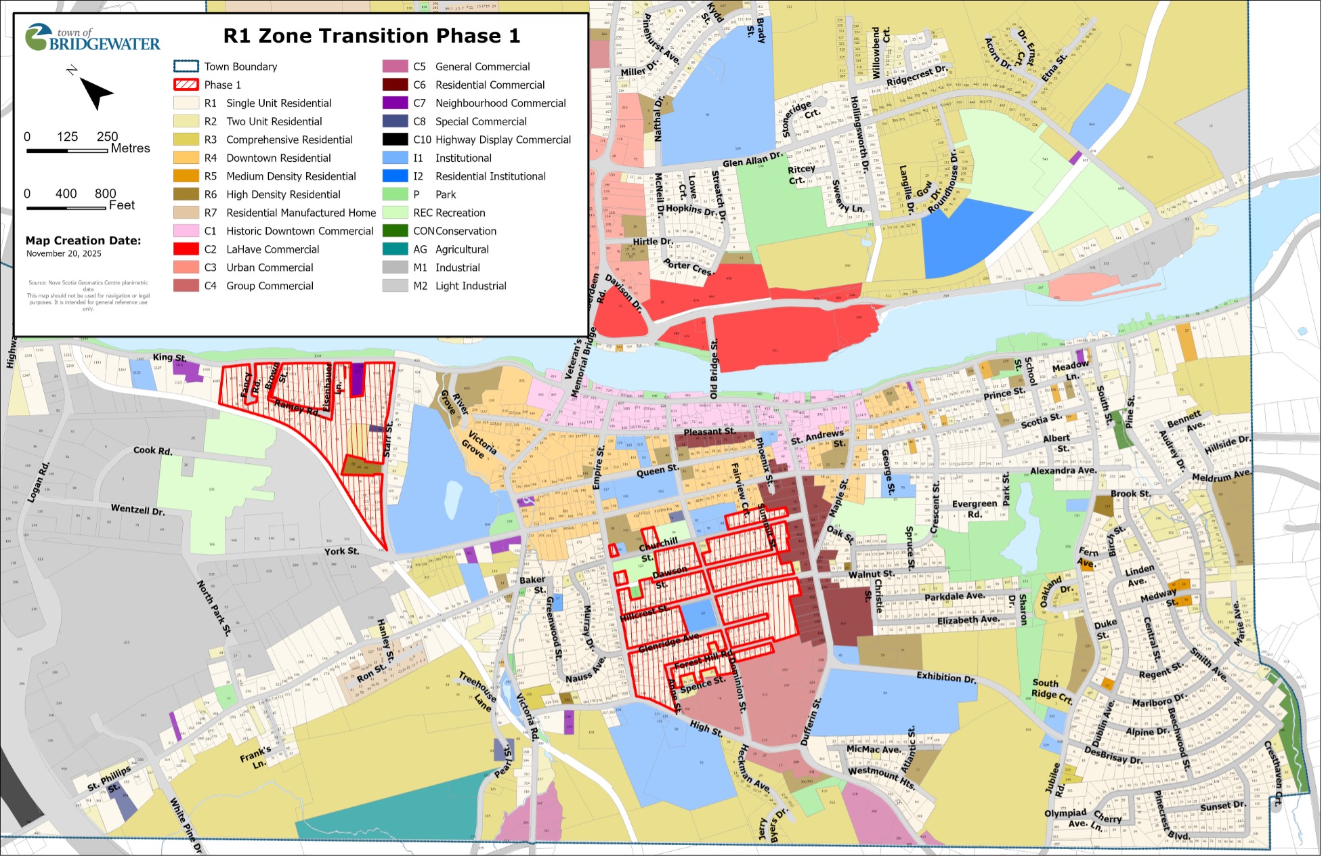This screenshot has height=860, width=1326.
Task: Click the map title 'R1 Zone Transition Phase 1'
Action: (372, 36)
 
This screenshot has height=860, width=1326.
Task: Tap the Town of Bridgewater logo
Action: (92, 38)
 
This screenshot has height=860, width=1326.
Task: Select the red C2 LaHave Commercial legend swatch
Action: (186, 250)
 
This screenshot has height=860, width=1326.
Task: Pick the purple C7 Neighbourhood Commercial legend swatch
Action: (395, 104)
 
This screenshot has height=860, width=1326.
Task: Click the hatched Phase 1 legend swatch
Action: (186, 85)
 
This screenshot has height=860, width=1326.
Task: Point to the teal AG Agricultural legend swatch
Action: (395, 250)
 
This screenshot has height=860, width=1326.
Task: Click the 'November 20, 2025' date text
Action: (64, 254)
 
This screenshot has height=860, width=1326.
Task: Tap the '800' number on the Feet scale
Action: (106, 194)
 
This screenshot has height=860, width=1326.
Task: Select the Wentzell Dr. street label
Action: (138, 510)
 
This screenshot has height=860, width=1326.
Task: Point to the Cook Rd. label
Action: (153, 451)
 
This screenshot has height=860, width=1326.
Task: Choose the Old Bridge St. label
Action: (714, 368)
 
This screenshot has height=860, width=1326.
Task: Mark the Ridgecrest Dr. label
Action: (917, 75)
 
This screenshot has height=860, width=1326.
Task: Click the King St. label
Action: (169, 358)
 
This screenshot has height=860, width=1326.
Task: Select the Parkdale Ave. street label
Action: (954, 597)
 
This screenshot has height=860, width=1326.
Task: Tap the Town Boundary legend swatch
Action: (186, 67)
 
